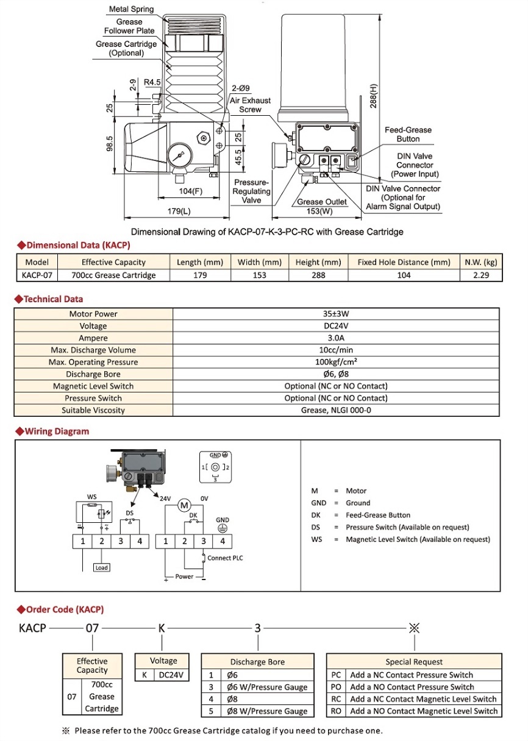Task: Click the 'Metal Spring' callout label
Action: (x=131, y=10)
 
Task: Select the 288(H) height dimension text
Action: (x=374, y=96)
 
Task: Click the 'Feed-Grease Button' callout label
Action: (x=408, y=134)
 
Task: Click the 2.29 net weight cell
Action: (x=481, y=275)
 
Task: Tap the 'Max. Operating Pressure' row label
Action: (x=93, y=362)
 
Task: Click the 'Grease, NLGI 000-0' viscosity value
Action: (x=336, y=410)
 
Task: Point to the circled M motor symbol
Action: (x=184, y=505)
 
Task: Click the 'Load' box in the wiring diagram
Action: (x=101, y=567)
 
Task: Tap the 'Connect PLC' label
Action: (x=225, y=558)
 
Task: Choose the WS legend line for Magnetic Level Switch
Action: (x=400, y=539)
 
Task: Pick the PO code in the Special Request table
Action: (x=336, y=687)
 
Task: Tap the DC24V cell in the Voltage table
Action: (x=171, y=675)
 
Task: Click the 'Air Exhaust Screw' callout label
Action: (x=250, y=105)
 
